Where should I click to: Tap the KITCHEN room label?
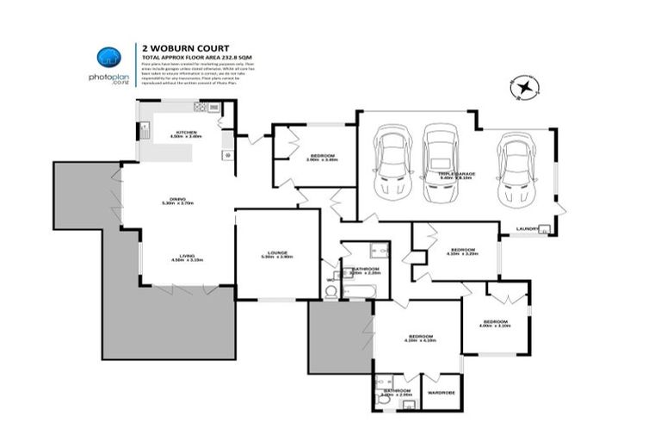click(185, 133)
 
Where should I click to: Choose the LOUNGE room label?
click(277, 253)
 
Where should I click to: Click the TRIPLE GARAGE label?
click(457, 175)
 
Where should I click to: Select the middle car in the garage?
click(441, 155)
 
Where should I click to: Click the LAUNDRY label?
click(527, 229)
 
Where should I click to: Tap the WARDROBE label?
click(441, 393)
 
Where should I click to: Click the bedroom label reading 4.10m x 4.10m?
click(421, 339)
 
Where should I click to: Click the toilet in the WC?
click(330, 291)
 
